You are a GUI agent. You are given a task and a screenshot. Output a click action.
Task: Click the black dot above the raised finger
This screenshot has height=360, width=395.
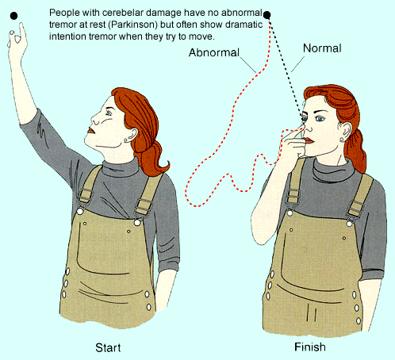[x=13, y=16]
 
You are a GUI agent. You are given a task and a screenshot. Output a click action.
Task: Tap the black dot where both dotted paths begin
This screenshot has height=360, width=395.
[x=267, y=15]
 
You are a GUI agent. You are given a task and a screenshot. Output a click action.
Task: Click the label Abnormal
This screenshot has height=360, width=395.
[x=214, y=52]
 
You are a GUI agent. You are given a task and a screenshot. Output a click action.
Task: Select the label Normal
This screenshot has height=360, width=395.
[x=322, y=48]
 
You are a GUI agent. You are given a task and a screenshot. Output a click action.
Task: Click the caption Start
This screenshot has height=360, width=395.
[x=108, y=348]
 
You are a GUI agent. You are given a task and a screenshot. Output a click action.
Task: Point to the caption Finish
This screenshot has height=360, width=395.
[x=310, y=347]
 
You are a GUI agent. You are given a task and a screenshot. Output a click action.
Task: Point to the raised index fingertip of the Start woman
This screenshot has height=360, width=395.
[x=21, y=25]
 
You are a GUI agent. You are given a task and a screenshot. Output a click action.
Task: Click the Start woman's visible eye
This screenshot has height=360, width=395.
[x=109, y=113]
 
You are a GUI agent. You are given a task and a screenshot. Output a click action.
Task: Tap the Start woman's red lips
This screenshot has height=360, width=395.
[x=91, y=131]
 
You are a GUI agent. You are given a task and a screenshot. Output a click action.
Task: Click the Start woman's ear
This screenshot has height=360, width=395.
[x=132, y=136]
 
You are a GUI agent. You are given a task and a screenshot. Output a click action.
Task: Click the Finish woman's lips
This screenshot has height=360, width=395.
[x=309, y=140]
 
